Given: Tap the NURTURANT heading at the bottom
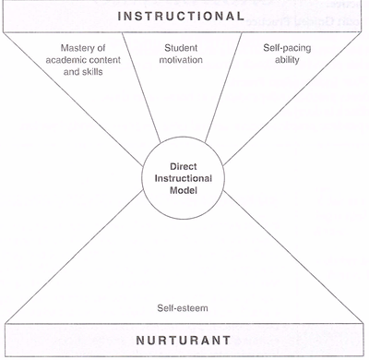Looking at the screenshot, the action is click(184, 340).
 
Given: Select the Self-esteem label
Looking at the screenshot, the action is click(184, 308).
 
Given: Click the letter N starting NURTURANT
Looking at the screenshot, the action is click(128, 340).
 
